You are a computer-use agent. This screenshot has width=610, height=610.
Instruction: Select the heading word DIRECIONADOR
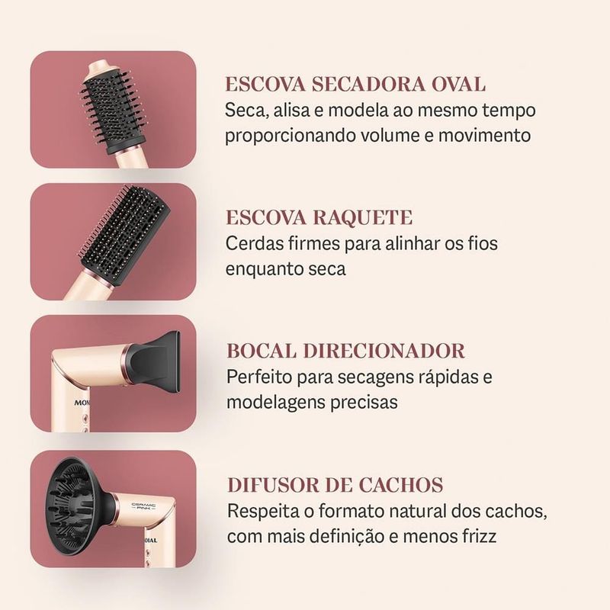(x=384, y=351)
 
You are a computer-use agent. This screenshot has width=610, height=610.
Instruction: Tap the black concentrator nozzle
(x=155, y=361)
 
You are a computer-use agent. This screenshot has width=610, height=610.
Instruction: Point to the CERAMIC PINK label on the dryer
(x=143, y=506)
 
